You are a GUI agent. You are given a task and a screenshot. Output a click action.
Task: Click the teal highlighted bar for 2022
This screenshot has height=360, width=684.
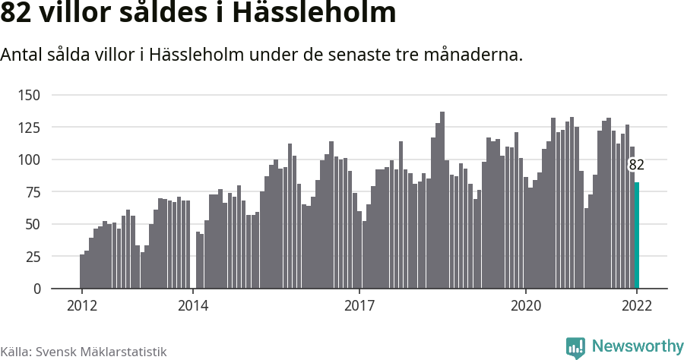coord(637,235)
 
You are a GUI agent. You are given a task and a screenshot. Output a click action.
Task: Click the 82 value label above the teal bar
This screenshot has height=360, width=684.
coord(637,165)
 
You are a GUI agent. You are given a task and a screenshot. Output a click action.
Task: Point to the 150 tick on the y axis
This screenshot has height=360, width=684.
coord(30,95)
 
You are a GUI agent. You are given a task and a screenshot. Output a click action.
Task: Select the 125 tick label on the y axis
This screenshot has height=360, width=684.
coord(30,128)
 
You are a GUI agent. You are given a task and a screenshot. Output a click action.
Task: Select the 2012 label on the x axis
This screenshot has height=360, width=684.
coord(82,305)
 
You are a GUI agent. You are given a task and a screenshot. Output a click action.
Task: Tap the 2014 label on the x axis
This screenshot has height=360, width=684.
coord(193,305)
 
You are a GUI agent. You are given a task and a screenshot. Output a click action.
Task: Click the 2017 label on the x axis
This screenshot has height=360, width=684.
coord(359,305)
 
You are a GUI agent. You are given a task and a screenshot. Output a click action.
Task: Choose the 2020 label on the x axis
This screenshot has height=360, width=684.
coord(526,305)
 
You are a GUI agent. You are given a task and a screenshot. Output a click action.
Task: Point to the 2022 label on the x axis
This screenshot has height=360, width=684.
coord(637,305)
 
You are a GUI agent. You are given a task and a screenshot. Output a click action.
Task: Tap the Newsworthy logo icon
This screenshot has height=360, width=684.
coord(576,347)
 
